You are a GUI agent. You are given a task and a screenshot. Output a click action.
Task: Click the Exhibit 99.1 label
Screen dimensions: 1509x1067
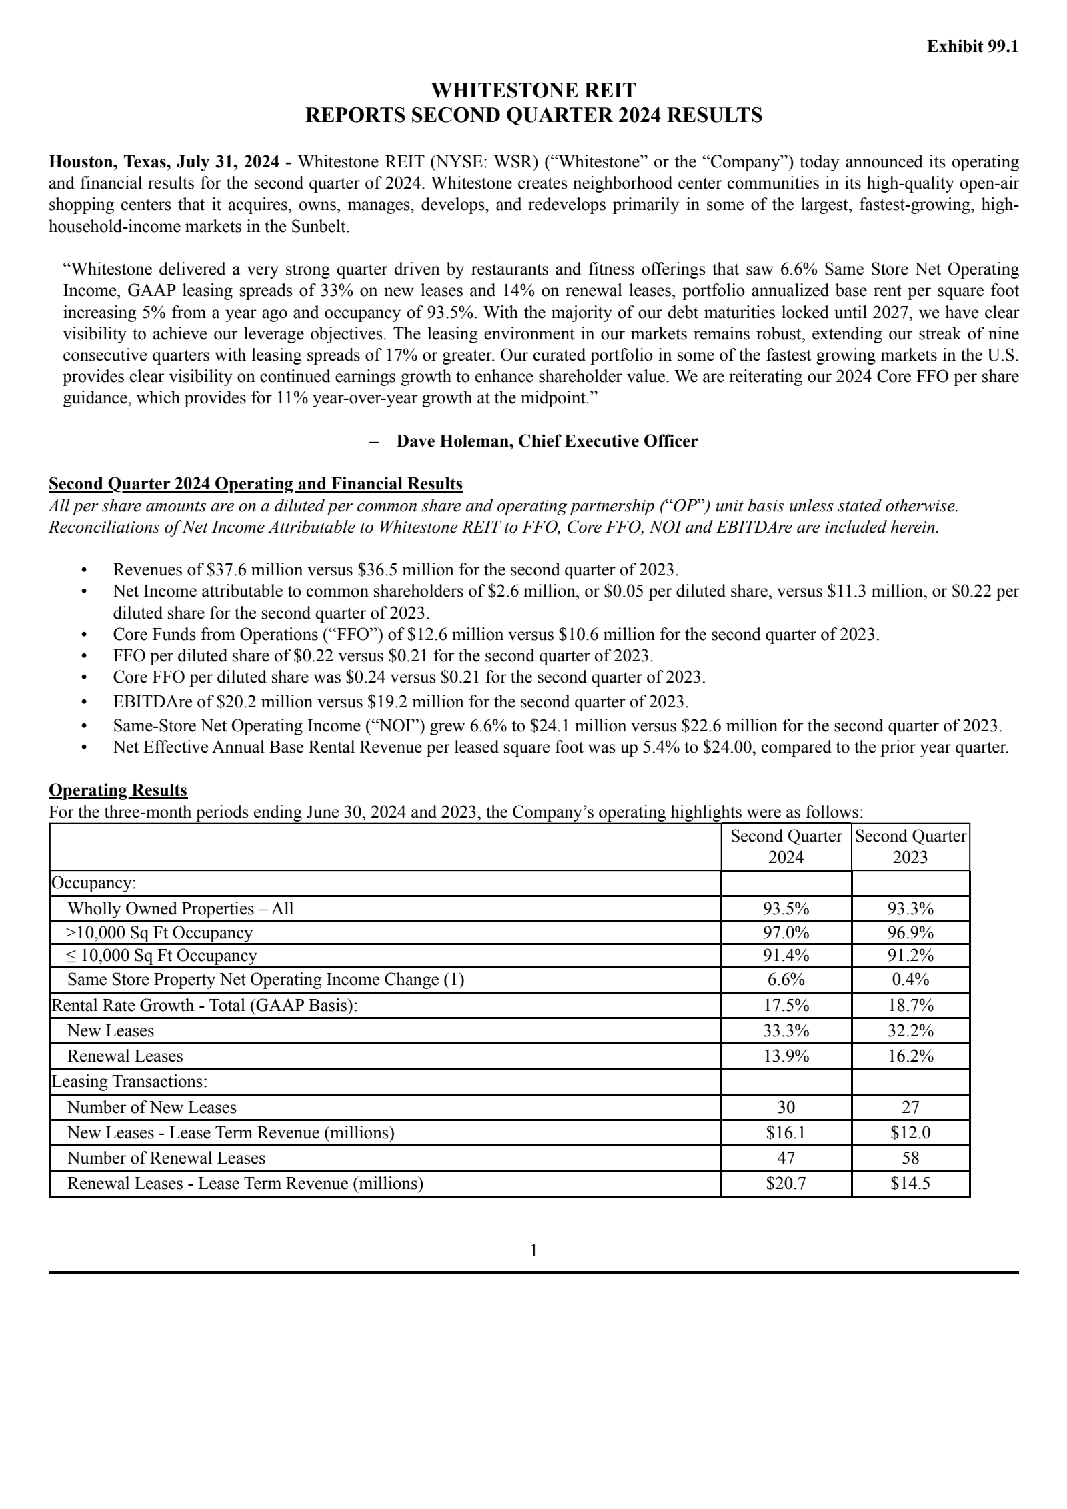[972, 47]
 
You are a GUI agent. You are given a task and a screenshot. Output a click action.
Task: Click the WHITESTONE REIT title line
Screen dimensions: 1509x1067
[533, 90]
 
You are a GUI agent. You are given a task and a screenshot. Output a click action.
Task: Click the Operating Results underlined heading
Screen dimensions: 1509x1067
[118, 790]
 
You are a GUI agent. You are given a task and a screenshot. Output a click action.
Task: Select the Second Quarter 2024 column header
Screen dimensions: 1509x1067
[786, 846]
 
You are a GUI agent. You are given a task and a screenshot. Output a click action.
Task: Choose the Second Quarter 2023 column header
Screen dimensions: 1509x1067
[910, 846]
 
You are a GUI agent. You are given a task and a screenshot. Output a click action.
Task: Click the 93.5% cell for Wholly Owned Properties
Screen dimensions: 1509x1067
[786, 908]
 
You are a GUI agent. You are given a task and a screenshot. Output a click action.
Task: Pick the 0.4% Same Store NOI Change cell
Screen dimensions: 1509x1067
[910, 980]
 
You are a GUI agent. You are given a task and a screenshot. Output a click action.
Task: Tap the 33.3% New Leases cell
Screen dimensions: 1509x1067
[786, 1030]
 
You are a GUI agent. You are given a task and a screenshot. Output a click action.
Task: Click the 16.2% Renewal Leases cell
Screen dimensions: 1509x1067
[910, 1056]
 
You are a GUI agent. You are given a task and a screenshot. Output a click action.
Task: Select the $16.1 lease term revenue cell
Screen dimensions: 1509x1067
[786, 1132]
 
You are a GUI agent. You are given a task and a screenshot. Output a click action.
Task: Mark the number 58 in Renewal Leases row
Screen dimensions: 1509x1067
[910, 1158]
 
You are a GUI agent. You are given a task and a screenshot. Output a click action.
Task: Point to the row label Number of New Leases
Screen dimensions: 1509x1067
[152, 1107]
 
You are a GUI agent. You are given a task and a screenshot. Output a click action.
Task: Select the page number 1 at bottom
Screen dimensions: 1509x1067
[533, 1251]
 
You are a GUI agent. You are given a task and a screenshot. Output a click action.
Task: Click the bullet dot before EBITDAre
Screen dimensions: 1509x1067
[84, 703]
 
